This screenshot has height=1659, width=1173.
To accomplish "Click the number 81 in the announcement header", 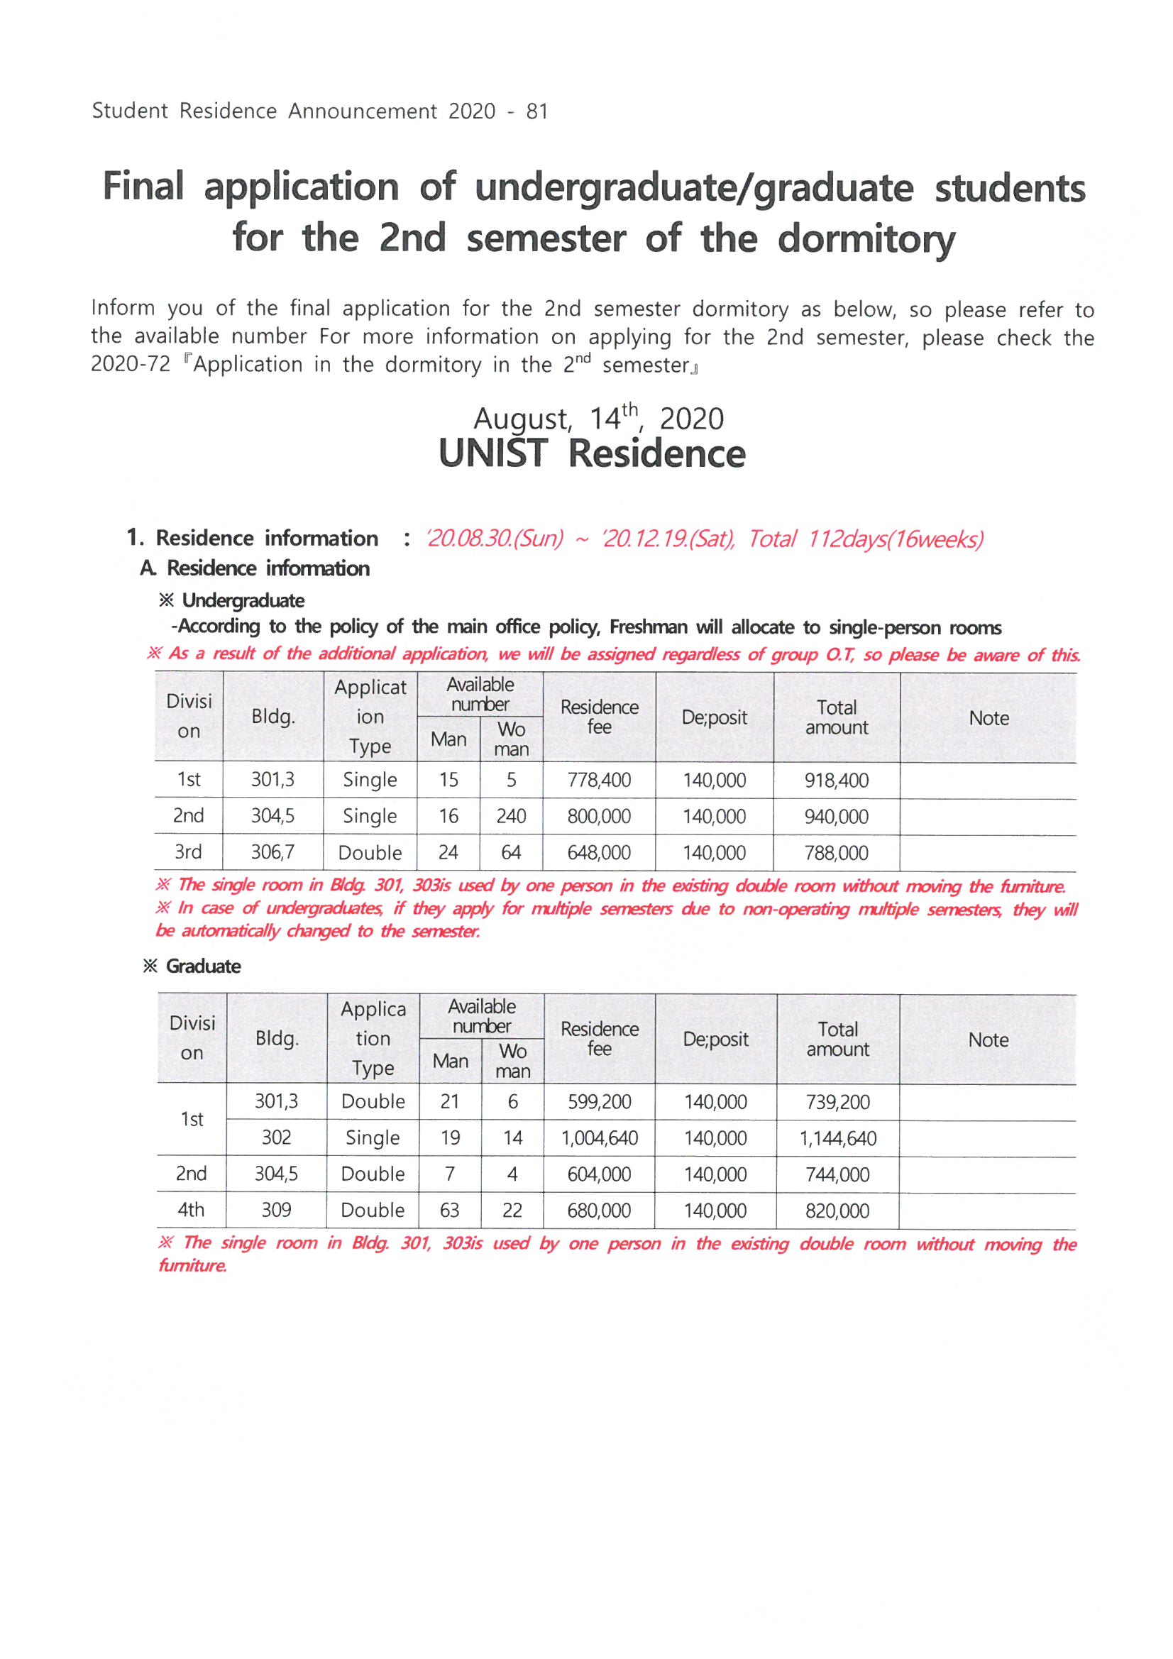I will (x=537, y=111).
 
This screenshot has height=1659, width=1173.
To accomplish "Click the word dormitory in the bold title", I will (x=866, y=239).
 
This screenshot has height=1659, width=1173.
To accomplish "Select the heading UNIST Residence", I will (x=592, y=453).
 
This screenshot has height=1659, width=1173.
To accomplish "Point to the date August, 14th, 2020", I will (x=598, y=419).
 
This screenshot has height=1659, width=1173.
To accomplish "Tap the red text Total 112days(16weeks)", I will (x=865, y=539).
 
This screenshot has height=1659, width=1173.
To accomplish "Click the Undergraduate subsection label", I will (x=243, y=600).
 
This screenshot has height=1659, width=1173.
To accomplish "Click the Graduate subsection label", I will (x=203, y=966).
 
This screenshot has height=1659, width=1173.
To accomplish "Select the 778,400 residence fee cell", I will (x=599, y=781).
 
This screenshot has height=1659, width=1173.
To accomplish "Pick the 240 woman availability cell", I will (x=511, y=817).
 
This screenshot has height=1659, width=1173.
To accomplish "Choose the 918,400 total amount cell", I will (x=836, y=781).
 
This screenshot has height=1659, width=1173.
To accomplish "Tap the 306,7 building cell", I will (x=272, y=853).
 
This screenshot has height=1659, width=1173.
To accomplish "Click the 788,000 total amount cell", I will (x=836, y=854).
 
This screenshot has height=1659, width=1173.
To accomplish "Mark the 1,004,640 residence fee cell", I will (x=599, y=1139).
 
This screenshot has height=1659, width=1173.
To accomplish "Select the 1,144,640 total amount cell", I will (x=837, y=1139).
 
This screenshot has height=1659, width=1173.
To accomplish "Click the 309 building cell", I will (x=276, y=1211).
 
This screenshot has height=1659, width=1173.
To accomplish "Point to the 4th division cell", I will (x=192, y=1211).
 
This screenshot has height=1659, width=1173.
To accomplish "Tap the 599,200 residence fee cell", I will (x=599, y=1102).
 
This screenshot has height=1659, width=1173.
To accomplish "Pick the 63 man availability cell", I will (x=449, y=1211).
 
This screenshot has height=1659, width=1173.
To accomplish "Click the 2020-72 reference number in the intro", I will (x=131, y=364).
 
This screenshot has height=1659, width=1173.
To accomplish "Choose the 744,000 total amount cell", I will (x=837, y=1175).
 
